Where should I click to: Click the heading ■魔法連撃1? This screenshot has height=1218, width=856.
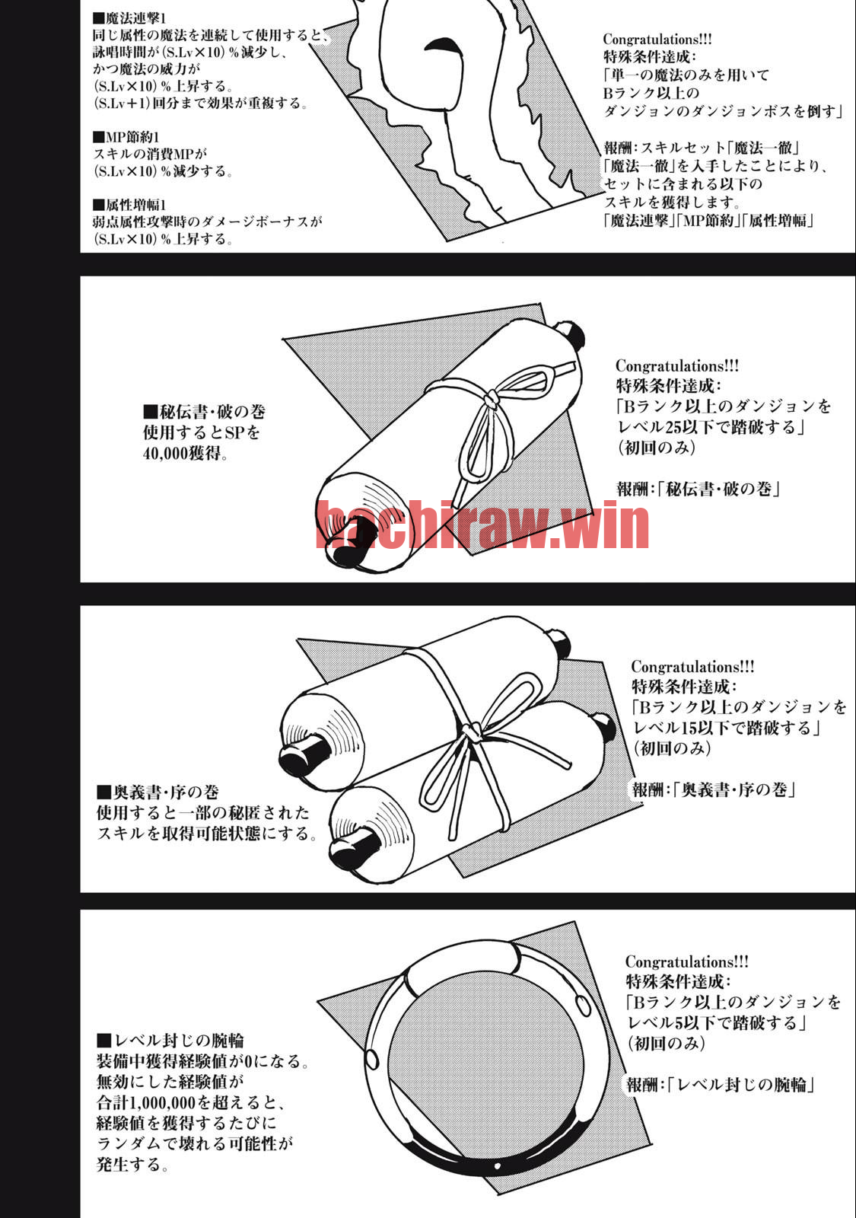(x=129, y=19)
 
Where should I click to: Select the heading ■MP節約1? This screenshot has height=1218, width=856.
(x=126, y=137)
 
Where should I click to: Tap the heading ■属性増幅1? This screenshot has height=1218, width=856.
(x=129, y=205)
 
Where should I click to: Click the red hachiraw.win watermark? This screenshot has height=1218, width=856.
(x=482, y=525)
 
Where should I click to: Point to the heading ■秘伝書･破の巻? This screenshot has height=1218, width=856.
(x=204, y=412)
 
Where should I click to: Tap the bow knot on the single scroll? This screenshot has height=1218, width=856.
(x=492, y=399)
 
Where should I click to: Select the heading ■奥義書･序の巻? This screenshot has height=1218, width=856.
(x=158, y=792)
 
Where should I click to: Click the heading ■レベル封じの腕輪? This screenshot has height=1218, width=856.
(x=170, y=1041)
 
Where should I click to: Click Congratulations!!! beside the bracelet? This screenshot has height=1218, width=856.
(x=687, y=961)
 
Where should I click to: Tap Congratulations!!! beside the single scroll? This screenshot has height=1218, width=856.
(x=677, y=366)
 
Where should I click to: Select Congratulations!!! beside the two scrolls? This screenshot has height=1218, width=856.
(x=692, y=667)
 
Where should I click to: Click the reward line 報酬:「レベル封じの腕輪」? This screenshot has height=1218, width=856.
(x=721, y=1085)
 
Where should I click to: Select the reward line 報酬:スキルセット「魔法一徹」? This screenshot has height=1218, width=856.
(x=701, y=148)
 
